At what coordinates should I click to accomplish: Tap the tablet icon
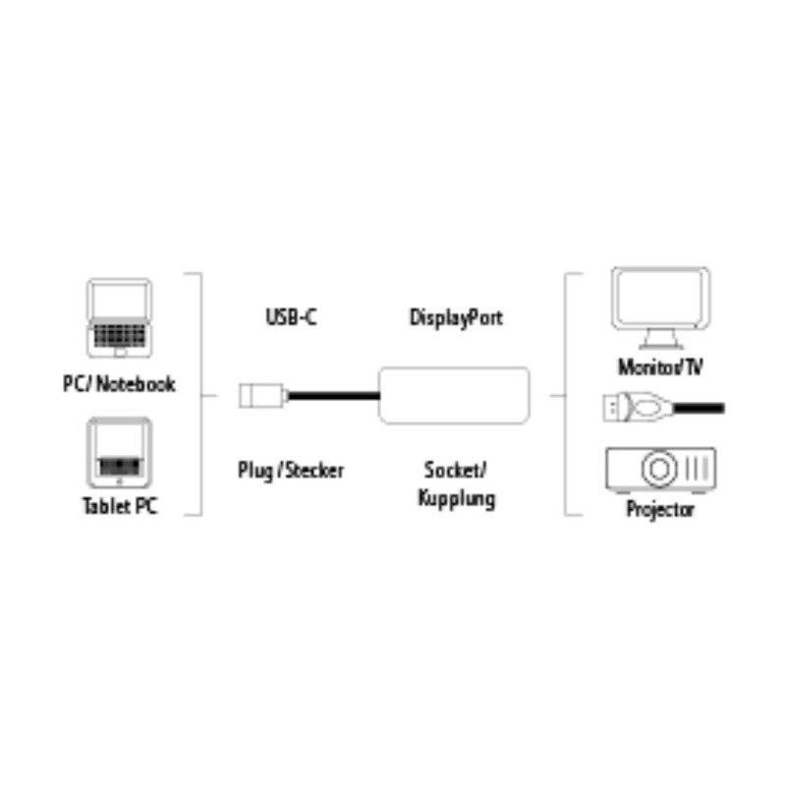120,453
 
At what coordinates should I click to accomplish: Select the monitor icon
660,308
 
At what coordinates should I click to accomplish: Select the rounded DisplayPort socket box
454,395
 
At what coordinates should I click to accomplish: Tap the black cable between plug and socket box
331,395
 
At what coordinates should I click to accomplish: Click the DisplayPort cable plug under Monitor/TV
629,404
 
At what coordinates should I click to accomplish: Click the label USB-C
291,317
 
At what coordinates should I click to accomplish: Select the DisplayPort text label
456,317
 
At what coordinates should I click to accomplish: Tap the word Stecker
313,470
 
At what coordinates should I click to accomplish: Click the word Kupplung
456,498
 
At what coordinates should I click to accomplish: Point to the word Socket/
456,470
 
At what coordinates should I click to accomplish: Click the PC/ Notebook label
119,383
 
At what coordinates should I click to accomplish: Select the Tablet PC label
119,508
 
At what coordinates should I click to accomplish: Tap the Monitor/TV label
660,367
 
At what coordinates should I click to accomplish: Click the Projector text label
660,509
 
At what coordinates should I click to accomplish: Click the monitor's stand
660,340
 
